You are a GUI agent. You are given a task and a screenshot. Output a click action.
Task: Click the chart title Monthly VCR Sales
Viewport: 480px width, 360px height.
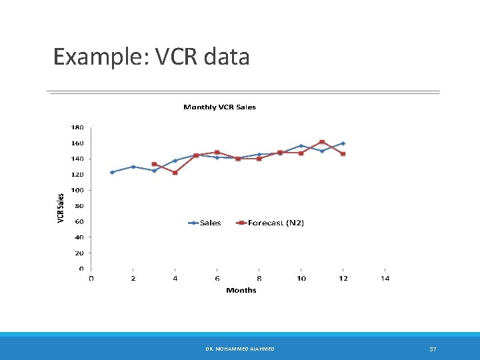pyautogui.click(x=219, y=107)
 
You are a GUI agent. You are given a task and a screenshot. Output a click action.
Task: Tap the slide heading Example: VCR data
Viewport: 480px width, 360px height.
pyautogui.click(x=151, y=57)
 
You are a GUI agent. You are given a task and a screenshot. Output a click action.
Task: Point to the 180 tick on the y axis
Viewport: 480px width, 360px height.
pyautogui.click(x=77, y=127)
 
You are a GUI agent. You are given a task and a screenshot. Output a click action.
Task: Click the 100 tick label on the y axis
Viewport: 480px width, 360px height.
pyautogui.click(x=77, y=190)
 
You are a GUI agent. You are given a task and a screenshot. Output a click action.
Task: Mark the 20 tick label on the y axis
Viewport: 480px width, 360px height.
pyautogui.click(x=79, y=253)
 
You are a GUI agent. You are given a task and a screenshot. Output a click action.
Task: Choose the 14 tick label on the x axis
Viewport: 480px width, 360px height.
pyautogui.click(x=385, y=278)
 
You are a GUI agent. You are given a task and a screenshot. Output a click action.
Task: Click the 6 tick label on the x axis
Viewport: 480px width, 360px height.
pyautogui.click(x=217, y=278)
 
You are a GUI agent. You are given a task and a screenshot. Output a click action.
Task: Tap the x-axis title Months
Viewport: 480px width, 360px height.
pyautogui.click(x=241, y=290)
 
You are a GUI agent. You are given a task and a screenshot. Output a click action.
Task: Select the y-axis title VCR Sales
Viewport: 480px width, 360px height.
pyautogui.click(x=61, y=208)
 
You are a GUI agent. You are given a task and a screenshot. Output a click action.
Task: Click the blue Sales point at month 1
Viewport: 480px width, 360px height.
pyautogui.click(x=112, y=172)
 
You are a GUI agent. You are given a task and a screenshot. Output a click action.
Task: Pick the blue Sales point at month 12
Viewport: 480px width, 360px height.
pyautogui.click(x=343, y=143)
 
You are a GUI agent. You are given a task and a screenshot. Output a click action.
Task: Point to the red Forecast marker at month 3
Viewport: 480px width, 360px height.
pyautogui.click(x=154, y=164)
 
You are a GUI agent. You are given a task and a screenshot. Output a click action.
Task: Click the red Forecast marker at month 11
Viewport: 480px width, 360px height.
pyautogui.click(x=322, y=142)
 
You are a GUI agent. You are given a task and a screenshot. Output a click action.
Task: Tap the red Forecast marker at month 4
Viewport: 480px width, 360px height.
pyautogui.click(x=175, y=173)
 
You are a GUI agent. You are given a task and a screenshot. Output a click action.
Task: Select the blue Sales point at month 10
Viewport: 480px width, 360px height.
pyautogui.click(x=301, y=145)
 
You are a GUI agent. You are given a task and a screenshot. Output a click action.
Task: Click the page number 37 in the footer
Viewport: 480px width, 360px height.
pyautogui.click(x=433, y=349)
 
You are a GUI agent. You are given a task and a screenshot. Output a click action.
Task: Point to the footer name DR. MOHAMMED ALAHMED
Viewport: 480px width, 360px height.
pyautogui.click(x=240, y=349)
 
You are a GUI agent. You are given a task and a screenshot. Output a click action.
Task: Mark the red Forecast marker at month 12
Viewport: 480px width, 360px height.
pyautogui.click(x=343, y=154)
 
